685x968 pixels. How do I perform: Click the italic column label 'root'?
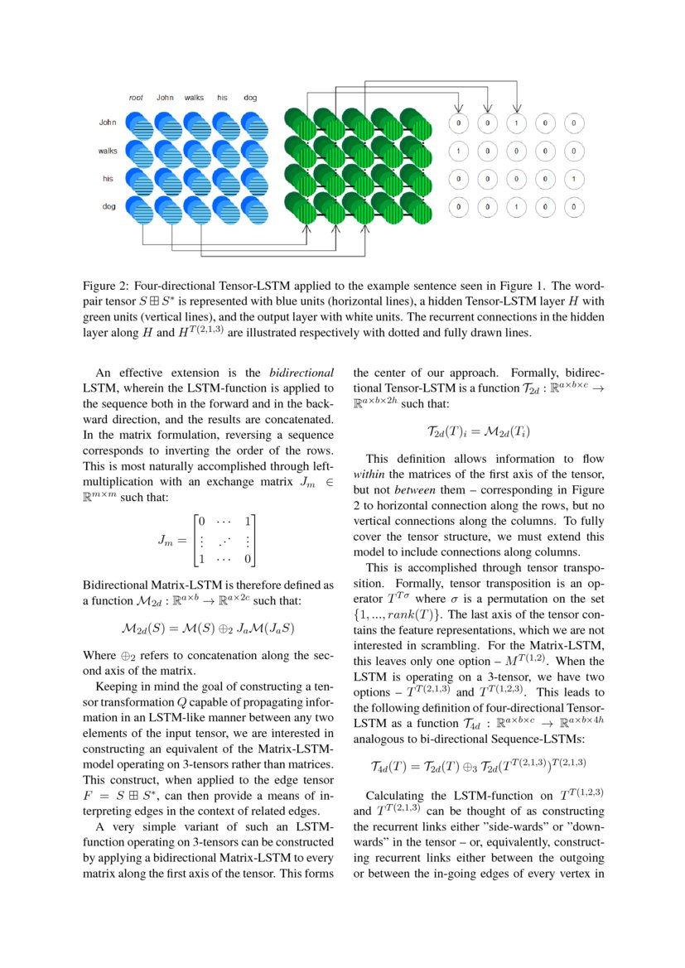(136, 98)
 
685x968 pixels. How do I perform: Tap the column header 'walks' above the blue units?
(194, 98)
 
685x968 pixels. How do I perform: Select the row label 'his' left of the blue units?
(109, 178)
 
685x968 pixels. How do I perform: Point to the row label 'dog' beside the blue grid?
(109, 206)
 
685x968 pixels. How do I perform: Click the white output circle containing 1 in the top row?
(515, 123)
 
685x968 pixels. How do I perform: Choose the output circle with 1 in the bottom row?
(515, 207)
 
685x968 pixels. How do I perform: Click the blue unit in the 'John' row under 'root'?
(140, 126)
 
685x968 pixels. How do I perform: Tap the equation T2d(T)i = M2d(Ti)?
(478, 431)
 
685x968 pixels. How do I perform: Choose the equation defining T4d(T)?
(478, 763)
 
